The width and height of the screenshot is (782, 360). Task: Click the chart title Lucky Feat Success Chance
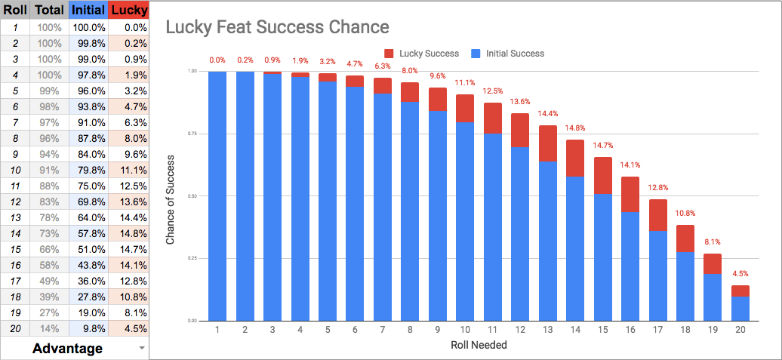277,27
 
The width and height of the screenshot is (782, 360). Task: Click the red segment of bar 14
575,158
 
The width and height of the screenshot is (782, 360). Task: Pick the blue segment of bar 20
740,309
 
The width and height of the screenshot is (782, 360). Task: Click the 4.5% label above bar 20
740,273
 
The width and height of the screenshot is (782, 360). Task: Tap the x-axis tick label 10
465,330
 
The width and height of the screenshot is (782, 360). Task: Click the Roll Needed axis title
479,346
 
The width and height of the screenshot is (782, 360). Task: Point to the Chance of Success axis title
170,196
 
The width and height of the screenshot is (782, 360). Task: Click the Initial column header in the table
88,10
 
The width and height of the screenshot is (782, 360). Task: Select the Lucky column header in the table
128,10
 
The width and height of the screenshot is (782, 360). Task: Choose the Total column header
50,10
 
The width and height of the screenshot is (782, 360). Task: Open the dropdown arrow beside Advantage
140,348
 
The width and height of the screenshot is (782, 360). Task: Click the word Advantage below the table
68,348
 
